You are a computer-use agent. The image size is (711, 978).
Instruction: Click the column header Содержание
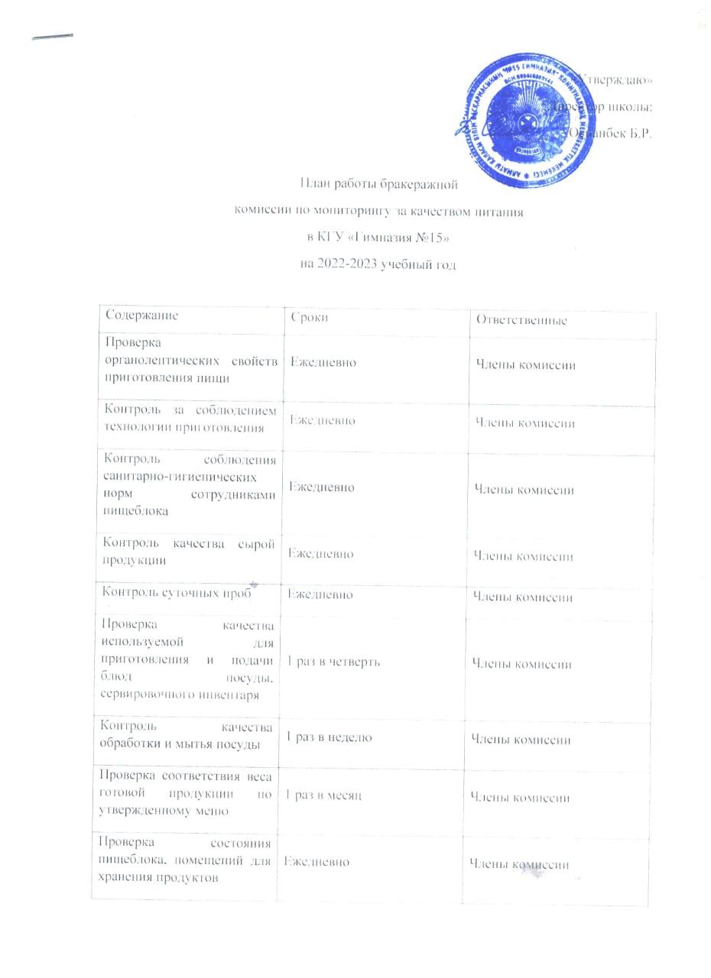click(142, 315)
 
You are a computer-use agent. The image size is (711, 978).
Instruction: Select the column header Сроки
click(310, 318)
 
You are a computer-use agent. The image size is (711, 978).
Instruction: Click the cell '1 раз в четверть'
click(333, 662)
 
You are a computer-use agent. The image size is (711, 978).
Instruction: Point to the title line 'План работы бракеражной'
click(378, 183)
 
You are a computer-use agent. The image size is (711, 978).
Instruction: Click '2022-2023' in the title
click(345, 265)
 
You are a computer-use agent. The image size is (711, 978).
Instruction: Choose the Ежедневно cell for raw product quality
click(320, 553)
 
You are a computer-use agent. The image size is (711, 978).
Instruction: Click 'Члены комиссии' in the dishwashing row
click(521, 740)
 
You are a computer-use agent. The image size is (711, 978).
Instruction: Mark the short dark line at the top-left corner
click(54, 37)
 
